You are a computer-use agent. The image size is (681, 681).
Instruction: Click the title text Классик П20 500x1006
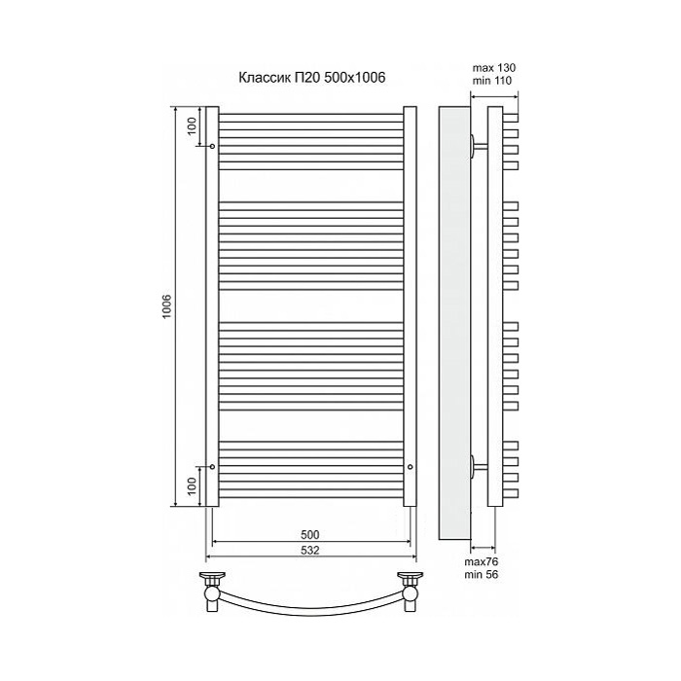tap(312, 77)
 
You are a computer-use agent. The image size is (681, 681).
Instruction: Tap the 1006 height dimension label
tap(167, 306)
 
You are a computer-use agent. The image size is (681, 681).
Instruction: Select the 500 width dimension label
tap(310, 534)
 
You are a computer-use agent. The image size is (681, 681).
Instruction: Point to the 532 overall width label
tap(310, 551)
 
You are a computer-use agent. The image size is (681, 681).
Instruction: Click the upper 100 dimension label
tap(193, 126)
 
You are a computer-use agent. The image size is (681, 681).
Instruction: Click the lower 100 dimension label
tap(193, 485)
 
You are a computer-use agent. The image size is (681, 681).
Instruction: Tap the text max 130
tap(494, 68)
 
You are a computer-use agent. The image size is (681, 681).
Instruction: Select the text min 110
tap(492, 81)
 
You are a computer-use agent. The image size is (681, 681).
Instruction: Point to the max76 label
tap(482, 562)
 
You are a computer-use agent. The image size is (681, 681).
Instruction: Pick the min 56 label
tap(482, 575)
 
